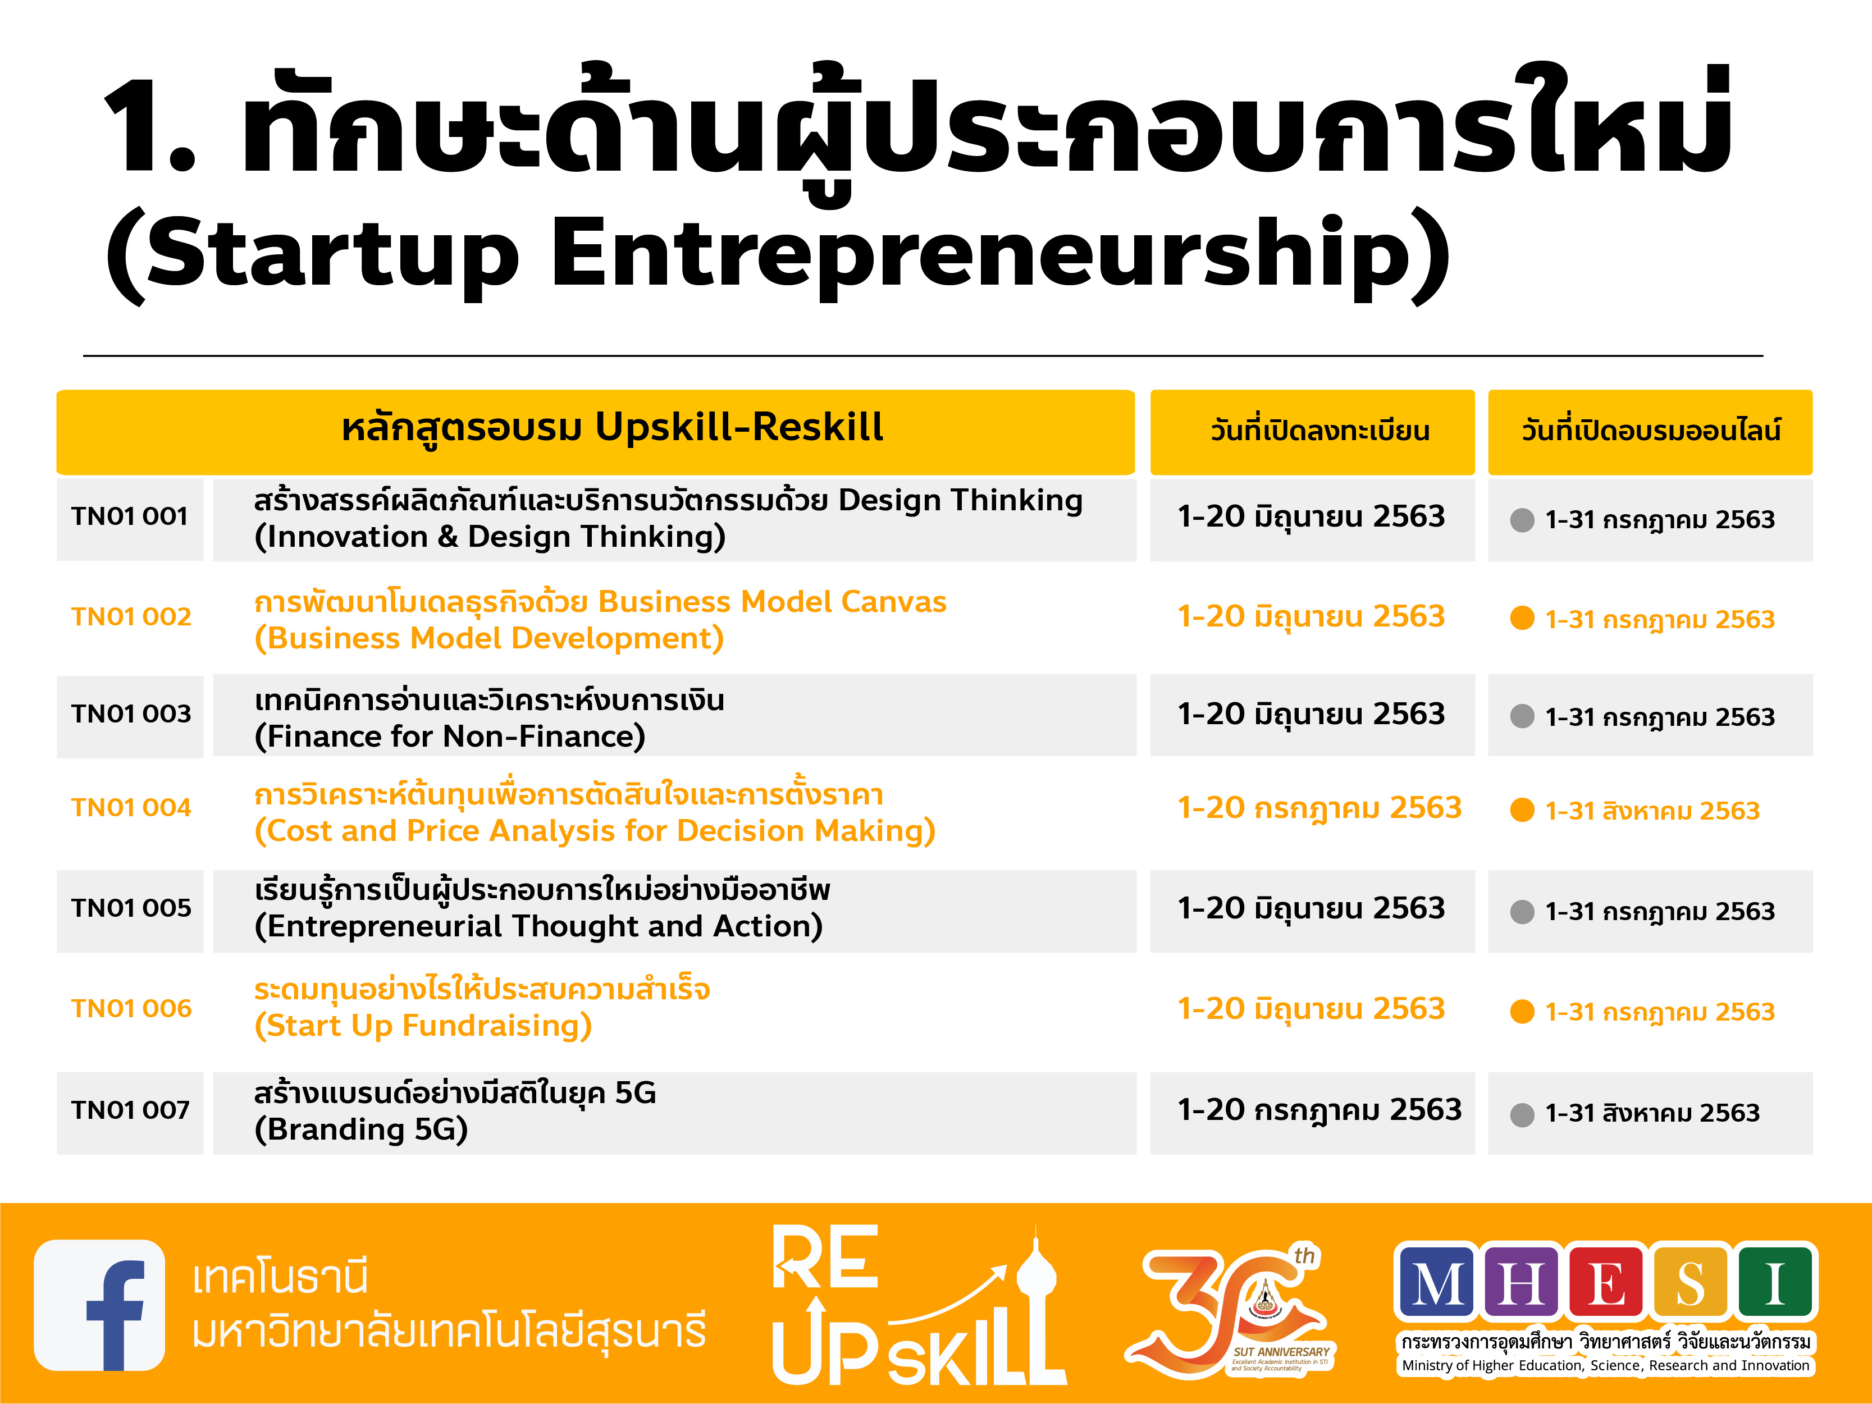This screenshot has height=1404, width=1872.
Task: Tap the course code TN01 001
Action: tap(130, 516)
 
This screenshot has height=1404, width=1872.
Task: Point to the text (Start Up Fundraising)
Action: tap(423, 1026)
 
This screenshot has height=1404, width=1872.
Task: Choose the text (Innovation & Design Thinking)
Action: tap(490, 537)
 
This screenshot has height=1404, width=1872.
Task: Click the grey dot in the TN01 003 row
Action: tap(1522, 716)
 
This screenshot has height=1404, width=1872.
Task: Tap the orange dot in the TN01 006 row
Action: tap(1522, 1012)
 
